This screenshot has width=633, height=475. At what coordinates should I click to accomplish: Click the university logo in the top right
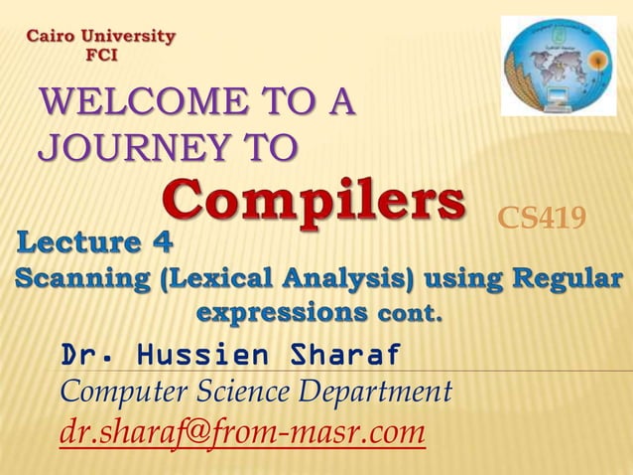[x=559, y=66]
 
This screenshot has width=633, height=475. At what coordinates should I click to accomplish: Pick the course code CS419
[x=541, y=218]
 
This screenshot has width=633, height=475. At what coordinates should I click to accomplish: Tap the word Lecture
[x=82, y=241]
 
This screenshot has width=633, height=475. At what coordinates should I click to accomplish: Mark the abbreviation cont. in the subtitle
[x=404, y=315]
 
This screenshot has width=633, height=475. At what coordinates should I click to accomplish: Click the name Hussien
[x=205, y=355]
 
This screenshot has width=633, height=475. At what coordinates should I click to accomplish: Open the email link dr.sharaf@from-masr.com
[x=243, y=433]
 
